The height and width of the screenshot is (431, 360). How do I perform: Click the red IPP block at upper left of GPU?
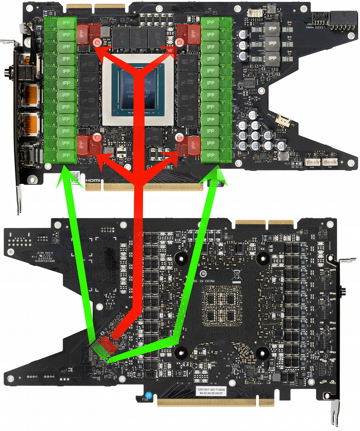click(88, 32)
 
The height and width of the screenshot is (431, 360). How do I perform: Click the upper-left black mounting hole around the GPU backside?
click(181, 257)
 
